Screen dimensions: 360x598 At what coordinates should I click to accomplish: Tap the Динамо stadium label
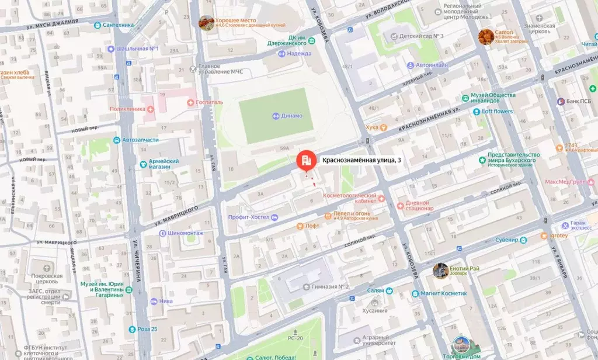[x=290, y=116]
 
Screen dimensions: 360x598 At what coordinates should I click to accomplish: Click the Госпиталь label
[x=208, y=102]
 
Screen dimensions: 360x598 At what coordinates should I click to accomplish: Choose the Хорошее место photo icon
[x=206, y=22]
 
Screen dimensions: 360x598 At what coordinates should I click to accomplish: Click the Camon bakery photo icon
[x=486, y=36]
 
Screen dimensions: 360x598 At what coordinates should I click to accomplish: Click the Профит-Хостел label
[x=248, y=217]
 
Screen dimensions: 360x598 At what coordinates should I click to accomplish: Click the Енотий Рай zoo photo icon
[x=440, y=270]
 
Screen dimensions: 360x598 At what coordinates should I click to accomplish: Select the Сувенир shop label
[x=506, y=240]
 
